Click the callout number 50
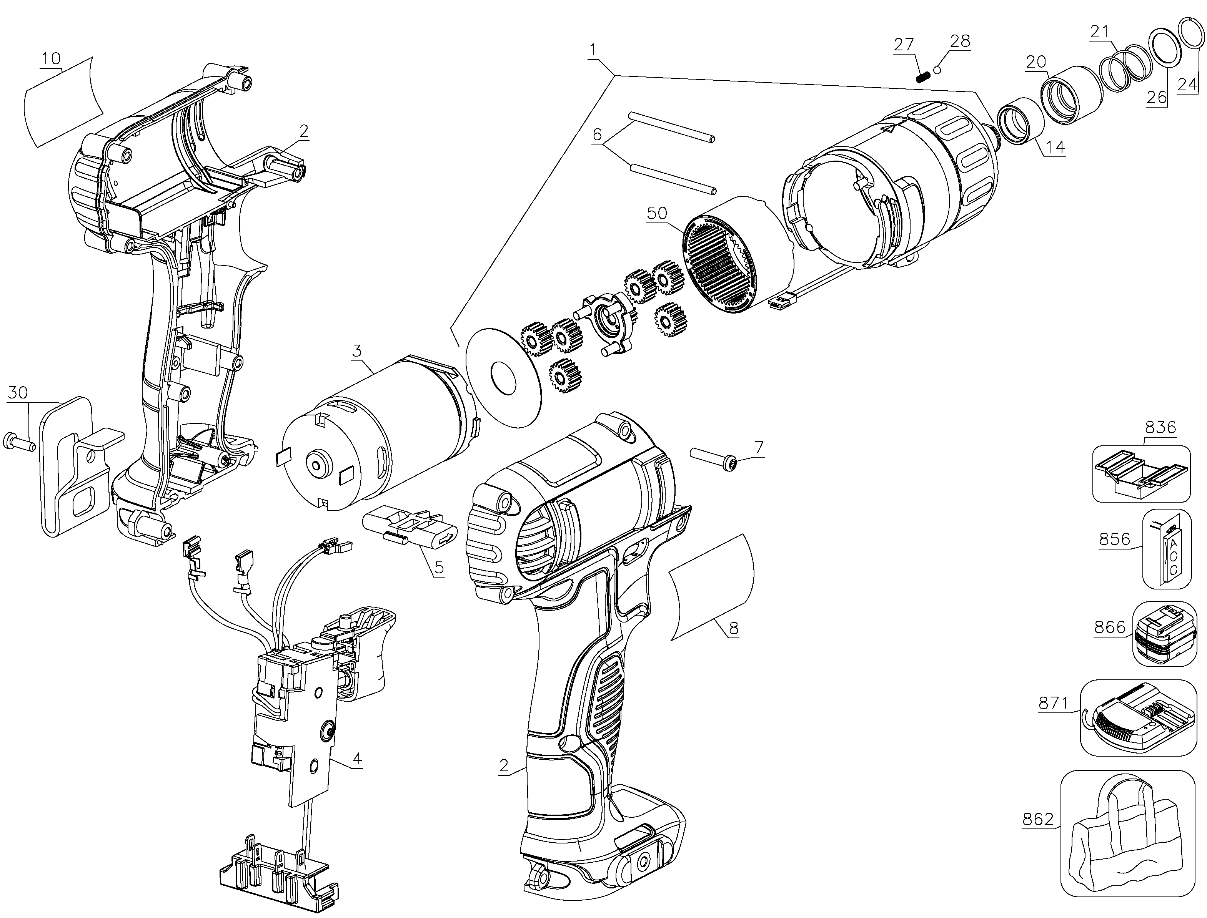coord(657,212)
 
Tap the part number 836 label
coord(1160,427)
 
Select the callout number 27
coord(904,44)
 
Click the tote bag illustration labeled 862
coord(1127,841)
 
